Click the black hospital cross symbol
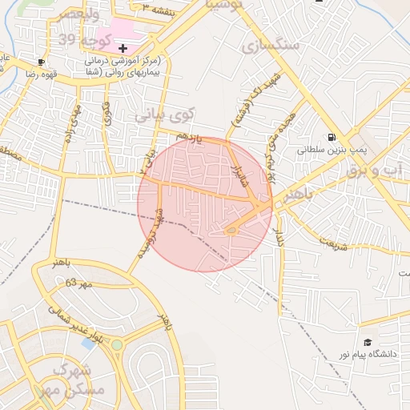click(123, 49)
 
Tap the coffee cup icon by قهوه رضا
click(41, 62)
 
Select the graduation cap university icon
click(367, 343)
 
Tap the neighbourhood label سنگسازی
click(270, 46)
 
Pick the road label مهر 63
click(78, 283)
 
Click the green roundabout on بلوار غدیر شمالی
click(118, 345)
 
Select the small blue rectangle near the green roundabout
click(88, 344)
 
